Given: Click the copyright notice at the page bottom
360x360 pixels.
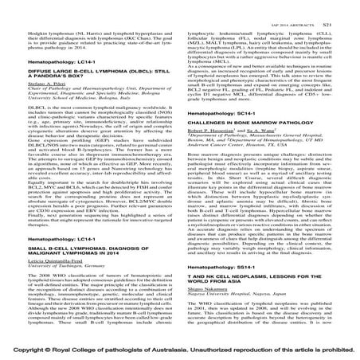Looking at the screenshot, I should click(180, 349).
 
